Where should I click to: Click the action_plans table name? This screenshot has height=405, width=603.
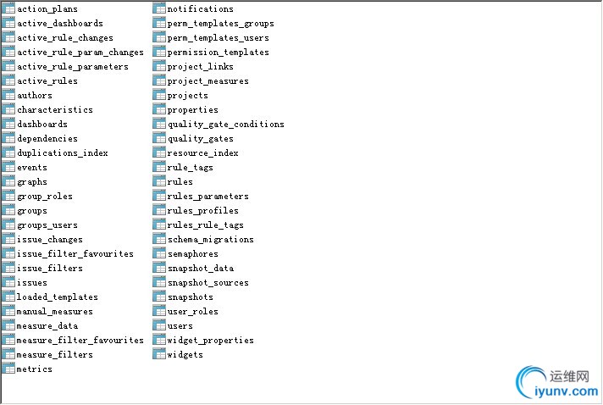pyautogui.click(x=47, y=8)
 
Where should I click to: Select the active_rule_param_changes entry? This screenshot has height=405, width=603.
pyautogui.click(x=80, y=53)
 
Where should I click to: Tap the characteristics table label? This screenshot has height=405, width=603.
pyautogui.click(x=55, y=110)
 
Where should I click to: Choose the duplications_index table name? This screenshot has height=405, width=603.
pyautogui.click(x=63, y=153)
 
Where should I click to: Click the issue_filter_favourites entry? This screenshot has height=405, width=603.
pyautogui.click(x=75, y=254)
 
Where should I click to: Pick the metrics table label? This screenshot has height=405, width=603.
pyautogui.click(x=34, y=369)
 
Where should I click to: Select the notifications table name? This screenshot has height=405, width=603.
pyautogui.click(x=201, y=8)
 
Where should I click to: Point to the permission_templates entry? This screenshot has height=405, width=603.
pyautogui.click(x=218, y=53)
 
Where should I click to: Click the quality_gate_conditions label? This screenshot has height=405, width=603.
pyautogui.click(x=226, y=125)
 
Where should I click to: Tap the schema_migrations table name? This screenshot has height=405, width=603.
pyautogui.click(x=211, y=240)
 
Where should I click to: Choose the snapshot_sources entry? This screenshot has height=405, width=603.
pyautogui.click(x=208, y=283)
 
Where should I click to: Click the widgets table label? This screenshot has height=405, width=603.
pyautogui.click(x=185, y=355)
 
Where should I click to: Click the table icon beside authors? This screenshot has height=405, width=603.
pyautogui.click(x=8, y=95)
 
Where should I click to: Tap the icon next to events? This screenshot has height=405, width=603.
pyautogui.click(x=8, y=167)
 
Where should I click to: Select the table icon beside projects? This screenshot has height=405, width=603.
pyautogui.click(x=159, y=95)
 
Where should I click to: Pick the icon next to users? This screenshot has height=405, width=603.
pyautogui.click(x=159, y=325)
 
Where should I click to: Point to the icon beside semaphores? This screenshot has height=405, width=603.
pyautogui.click(x=159, y=253)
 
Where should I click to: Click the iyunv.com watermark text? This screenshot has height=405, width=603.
pyautogui.click(x=566, y=392)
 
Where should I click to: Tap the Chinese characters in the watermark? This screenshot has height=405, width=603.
pyautogui.click(x=569, y=376)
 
